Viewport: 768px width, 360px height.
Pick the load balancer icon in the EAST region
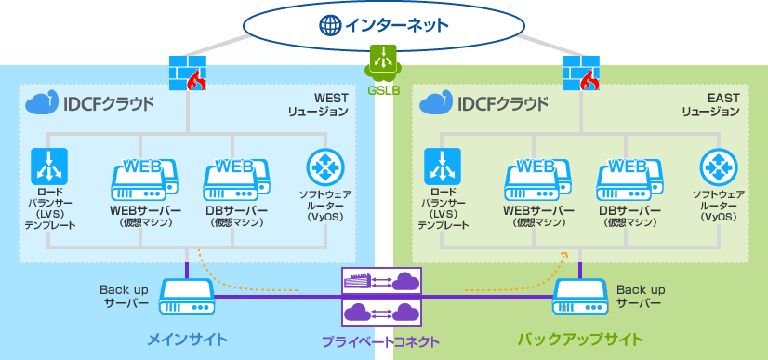tap(441, 167)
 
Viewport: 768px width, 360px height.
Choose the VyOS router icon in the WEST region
tap(324, 167)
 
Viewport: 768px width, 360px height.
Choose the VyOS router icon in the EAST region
tap(718, 167)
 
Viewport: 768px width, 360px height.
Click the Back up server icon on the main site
tap(187, 297)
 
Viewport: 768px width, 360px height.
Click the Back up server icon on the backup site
tap(582, 297)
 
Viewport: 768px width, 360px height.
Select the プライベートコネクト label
tap(381, 341)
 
